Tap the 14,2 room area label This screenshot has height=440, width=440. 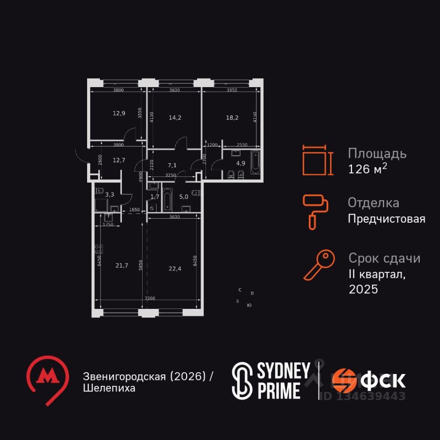point(175,117)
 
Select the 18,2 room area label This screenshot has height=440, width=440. point(231,117)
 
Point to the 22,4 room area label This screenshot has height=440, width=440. point(175,269)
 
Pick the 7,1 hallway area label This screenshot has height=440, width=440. point(172,165)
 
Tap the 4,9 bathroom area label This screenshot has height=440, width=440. point(241,162)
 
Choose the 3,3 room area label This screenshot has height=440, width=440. point(110,195)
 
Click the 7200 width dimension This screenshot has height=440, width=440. point(150,298)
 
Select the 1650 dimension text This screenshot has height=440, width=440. point(134,209)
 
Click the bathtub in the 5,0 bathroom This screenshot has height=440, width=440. point(167,200)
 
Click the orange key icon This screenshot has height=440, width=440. point(319,265)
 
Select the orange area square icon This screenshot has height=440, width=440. point(315,160)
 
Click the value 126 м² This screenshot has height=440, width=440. point(368,169)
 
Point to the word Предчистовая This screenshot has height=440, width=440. point(386,219)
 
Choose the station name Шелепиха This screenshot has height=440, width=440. point(109,388)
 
